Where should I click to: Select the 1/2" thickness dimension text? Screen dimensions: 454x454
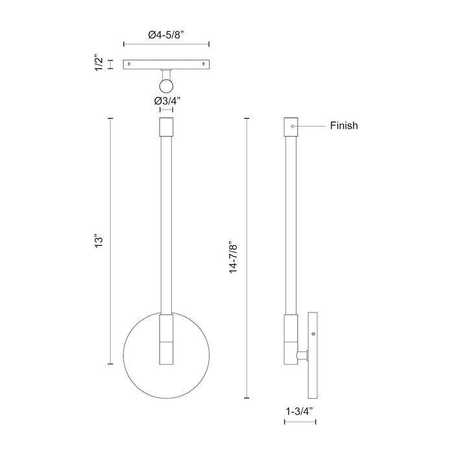coord(99,64)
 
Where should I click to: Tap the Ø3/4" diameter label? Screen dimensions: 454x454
coord(167,101)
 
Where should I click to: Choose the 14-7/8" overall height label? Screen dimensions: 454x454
coord(234,257)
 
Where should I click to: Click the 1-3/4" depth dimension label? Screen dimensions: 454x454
coord(300,411)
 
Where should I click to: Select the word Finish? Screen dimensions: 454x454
coord(344,126)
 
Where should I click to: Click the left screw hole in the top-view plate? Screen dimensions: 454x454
coord(130,64)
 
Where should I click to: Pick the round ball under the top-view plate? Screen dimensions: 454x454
coord(167,85)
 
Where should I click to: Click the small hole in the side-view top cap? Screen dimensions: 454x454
coord(293,125)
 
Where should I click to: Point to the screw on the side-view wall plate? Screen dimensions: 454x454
coord(314,333)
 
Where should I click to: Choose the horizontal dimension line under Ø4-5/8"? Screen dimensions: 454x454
coord(166,45)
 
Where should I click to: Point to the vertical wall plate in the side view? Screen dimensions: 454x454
coord(313,355)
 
